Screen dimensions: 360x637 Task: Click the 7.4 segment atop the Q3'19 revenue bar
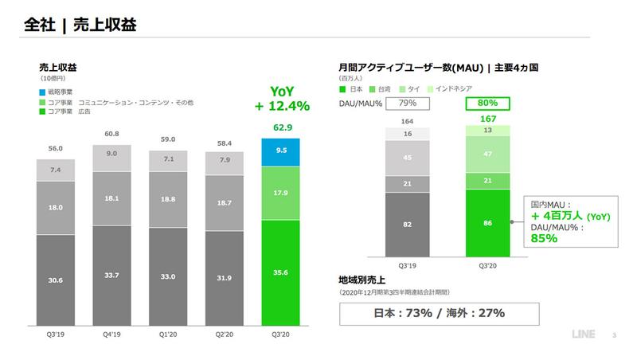pyautogui.click(x=57, y=170)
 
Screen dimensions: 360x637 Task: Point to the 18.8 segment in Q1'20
pyautogui.click(x=168, y=200)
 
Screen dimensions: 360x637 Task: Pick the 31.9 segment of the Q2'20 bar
pyautogui.click(x=225, y=277)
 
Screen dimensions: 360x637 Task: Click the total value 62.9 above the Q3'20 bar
pyautogui.click(x=281, y=127)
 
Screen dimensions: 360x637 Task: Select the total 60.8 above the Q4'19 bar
pyautogui.click(x=112, y=135)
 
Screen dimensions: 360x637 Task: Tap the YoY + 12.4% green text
pyautogui.click(x=281, y=99)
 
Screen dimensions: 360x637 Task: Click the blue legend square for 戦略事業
pyautogui.click(x=43, y=93)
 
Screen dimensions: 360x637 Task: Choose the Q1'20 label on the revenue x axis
pyautogui.click(x=168, y=335)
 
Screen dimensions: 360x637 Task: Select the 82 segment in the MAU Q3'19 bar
pyautogui.click(x=406, y=225)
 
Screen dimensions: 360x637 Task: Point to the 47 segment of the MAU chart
pyautogui.click(x=487, y=154)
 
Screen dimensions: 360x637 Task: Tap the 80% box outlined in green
pyautogui.click(x=487, y=103)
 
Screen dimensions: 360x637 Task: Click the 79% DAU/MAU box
pyautogui.click(x=407, y=103)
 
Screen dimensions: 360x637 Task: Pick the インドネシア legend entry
pyautogui.click(x=454, y=89)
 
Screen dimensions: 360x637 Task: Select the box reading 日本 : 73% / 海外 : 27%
pyautogui.click(x=440, y=313)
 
